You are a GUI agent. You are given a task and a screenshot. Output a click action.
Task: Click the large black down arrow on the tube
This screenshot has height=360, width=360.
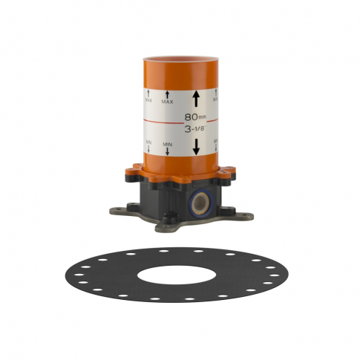(197, 145)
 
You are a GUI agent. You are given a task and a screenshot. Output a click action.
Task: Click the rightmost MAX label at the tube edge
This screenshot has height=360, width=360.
(215, 96)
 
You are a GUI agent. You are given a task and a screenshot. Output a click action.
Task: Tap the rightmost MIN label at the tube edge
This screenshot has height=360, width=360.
(215, 143)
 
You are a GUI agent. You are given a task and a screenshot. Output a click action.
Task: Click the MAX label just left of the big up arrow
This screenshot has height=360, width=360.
(168, 97)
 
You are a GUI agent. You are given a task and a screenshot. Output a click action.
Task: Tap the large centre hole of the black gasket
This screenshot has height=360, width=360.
(180, 275)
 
